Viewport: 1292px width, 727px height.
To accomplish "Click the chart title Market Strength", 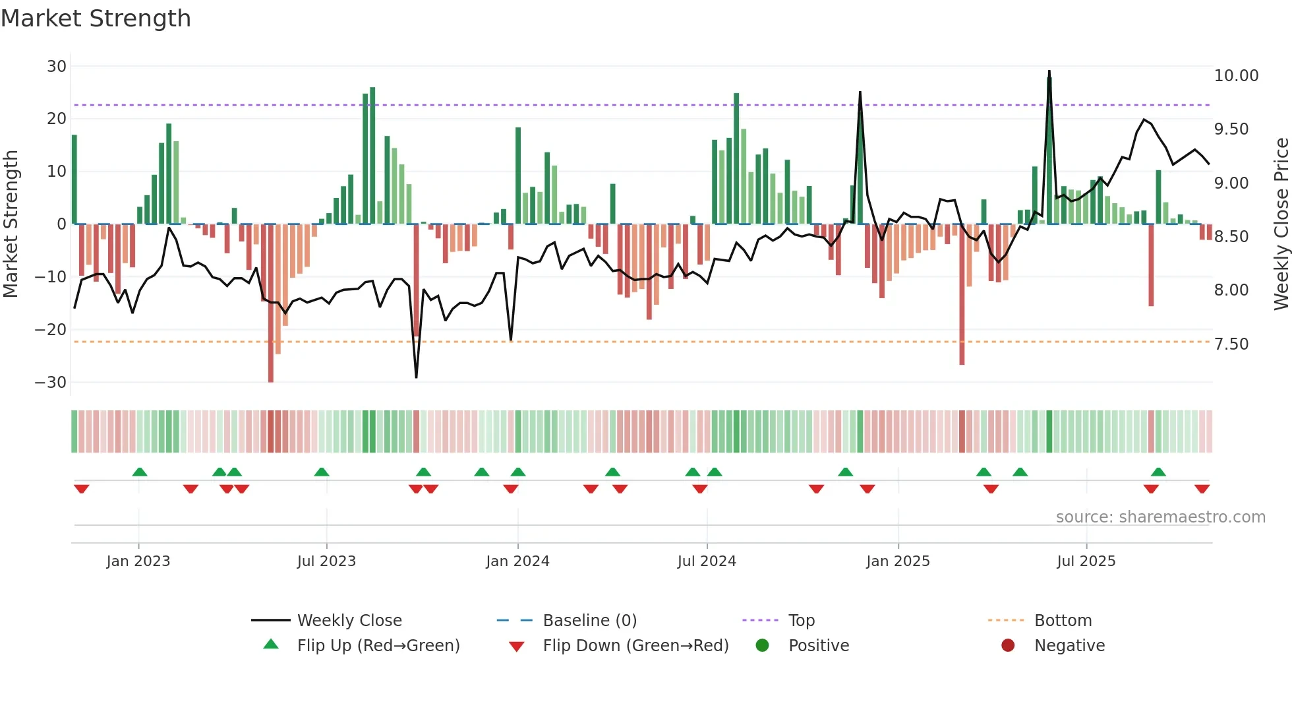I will (96, 18).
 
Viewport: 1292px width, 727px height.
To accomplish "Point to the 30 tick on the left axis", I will (57, 67).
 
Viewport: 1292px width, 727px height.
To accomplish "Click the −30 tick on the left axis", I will (51, 383).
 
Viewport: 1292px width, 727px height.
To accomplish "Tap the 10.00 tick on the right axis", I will (1236, 76).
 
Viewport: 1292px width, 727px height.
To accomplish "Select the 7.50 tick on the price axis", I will (1231, 344).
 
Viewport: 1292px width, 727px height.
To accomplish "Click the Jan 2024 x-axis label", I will (517, 561).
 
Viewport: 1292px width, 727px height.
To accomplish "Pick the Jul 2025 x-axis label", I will (1086, 561).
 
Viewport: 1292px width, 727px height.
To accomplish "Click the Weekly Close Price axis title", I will (1281, 224).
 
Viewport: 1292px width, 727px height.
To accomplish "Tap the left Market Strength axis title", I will (11, 224).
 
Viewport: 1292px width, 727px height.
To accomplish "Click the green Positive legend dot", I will (763, 646).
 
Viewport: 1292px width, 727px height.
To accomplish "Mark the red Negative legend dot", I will (1008, 646).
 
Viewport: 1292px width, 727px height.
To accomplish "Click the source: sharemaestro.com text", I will (1160, 517).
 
